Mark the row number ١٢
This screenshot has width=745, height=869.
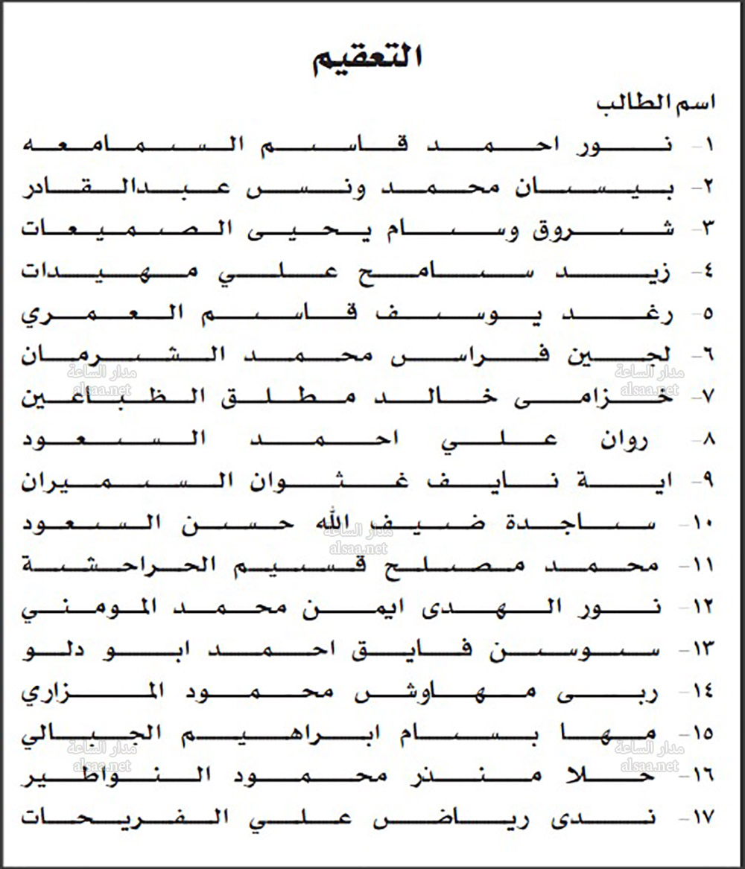[x=703, y=608]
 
